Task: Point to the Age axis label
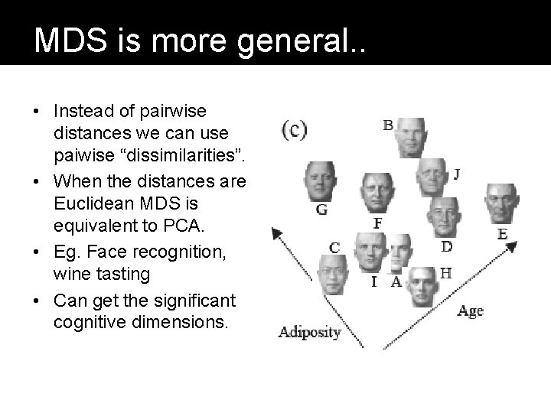click(x=471, y=311)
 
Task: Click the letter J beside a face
click(x=456, y=174)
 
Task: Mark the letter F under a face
click(x=377, y=223)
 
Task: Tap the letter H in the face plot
click(x=445, y=272)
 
